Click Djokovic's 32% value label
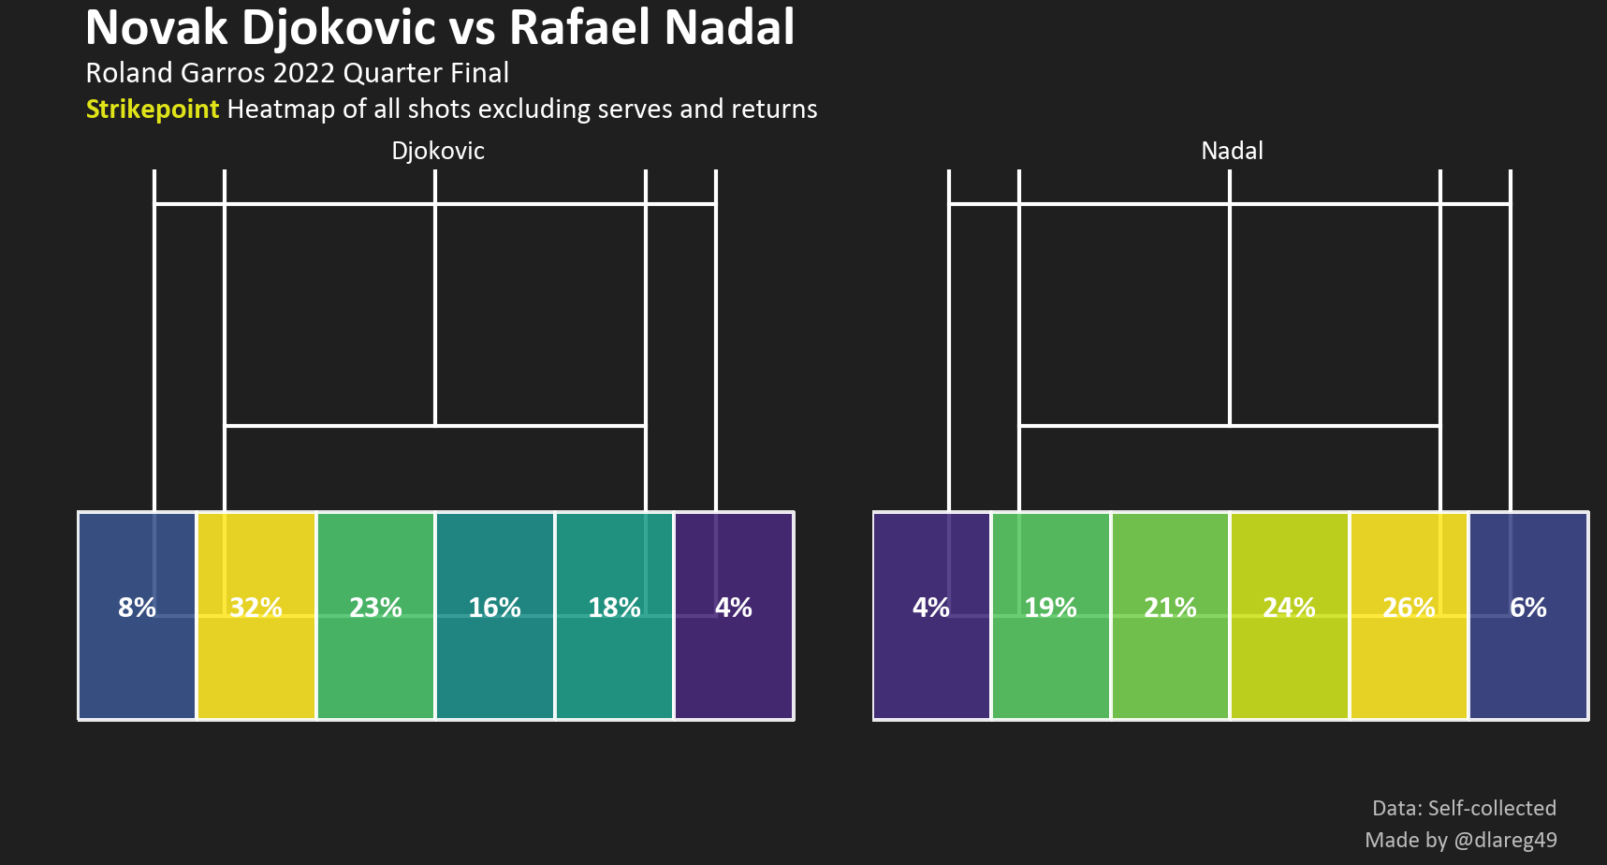click(256, 608)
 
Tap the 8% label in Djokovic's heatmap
click(137, 608)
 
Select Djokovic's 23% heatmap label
click(375, 608)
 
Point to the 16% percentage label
click(494, 608)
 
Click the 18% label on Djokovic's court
click(614, 608)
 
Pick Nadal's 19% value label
click(1050, 608)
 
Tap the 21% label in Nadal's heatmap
click(1170, 608)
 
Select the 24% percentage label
click(1289, 608)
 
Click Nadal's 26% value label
click(1409, 608)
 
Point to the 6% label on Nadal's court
click(1527, 608)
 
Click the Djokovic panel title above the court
click(438, 151)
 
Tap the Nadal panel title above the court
click(1232, 151)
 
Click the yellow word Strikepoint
click(153, 110)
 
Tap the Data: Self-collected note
click(1464, 808)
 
